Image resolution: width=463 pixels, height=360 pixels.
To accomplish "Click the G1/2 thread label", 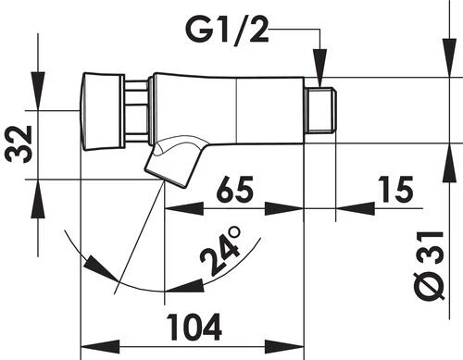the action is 227,30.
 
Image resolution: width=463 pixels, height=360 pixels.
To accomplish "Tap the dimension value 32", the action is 19,143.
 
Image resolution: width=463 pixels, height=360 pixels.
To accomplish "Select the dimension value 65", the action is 235,189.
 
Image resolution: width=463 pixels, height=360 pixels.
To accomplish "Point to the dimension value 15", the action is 395,189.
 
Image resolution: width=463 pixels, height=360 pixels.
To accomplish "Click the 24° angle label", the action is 220,251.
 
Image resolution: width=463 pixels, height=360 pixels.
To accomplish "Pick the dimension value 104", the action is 194,327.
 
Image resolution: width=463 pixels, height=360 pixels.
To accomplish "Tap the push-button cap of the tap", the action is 102,111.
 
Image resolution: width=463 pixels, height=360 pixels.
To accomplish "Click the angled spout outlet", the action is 173,162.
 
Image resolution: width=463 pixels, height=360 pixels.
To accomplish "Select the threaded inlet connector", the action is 320,111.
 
